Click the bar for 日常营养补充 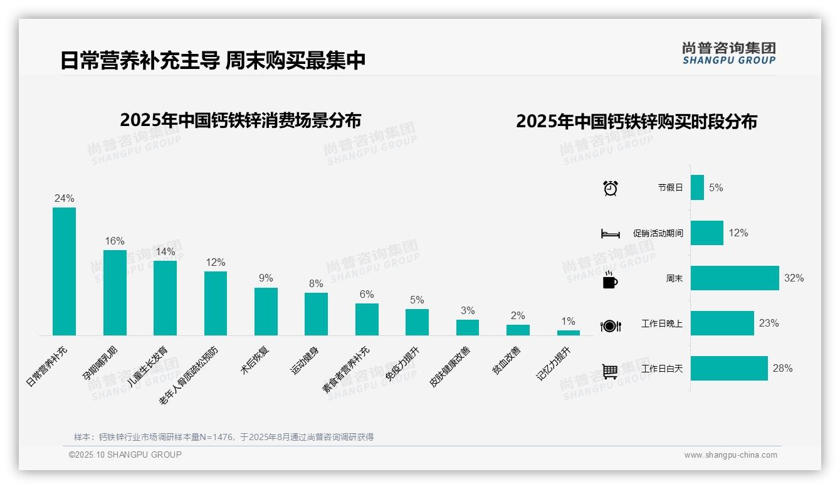pos(64,271)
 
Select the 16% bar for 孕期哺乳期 pos(115,293)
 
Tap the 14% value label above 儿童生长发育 pos(165,252)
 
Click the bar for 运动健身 pos(316,314)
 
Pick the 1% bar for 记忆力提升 pos(568,333)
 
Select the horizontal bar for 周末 pos(735,278)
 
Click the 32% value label pos(794,278)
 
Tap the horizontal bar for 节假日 pos(697,187)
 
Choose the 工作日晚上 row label pos(662,323)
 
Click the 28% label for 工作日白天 pos(782,369)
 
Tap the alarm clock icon pos(610,187)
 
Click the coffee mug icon pos(610,280)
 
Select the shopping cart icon pos(610,371)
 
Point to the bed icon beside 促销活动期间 pos(610,234)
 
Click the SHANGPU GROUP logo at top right pos(728,53)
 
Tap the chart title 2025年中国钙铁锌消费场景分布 pos(240,120)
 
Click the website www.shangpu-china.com pos(730,455)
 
